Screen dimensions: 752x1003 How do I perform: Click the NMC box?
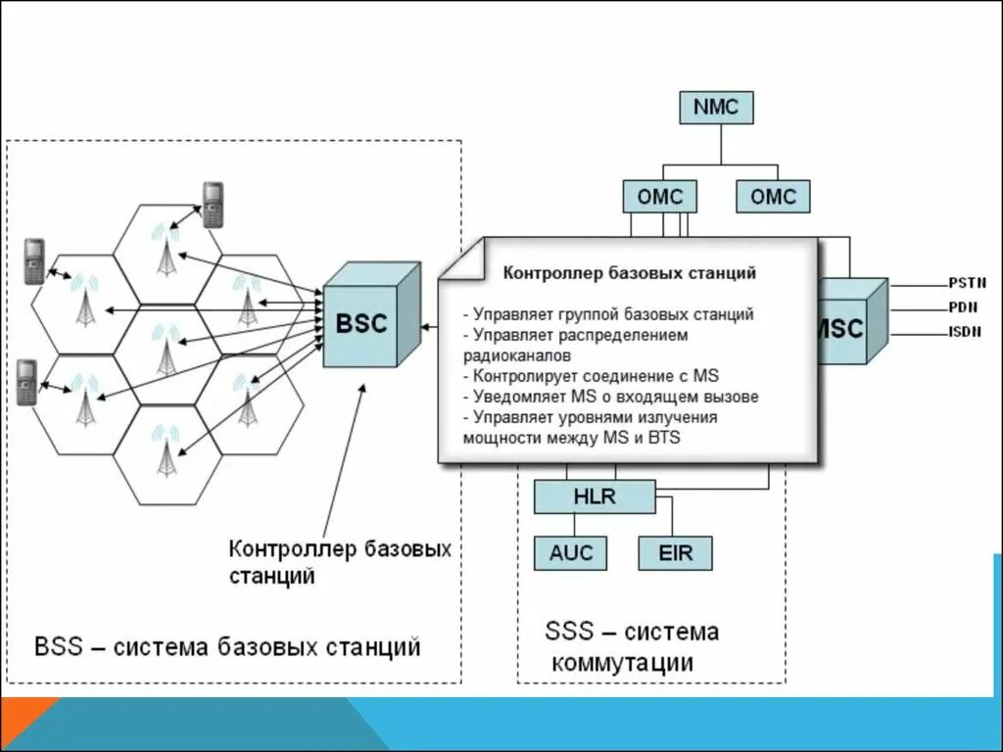click(x=716, y=107)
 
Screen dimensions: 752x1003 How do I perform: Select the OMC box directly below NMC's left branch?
click(x=659, y=197)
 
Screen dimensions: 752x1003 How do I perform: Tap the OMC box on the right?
click(x=773, y=197)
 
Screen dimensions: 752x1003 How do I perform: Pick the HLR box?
click(x=595, y=496)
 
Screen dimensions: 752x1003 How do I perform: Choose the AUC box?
click(x=570, y=553)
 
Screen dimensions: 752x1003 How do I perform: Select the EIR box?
click(x=675, y=553)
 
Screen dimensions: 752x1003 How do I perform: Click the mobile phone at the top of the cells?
click(x=212, y=204)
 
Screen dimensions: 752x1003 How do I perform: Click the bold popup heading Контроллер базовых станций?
click(x=629, y=273)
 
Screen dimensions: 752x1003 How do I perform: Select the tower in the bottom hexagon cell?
click(x=167, y=451)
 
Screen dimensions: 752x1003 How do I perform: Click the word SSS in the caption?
click(x=568, y=632)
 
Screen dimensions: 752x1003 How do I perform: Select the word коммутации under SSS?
click(x=622, y=663)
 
